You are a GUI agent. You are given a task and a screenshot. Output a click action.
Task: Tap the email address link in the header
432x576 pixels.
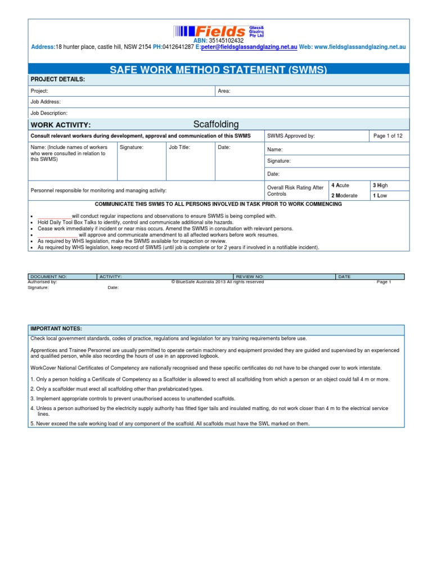tap(249, 47)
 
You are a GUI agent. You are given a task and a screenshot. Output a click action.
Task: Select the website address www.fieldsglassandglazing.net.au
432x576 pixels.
tap(360, 47)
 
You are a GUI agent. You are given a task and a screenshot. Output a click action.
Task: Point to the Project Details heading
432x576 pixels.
tap(58, 80)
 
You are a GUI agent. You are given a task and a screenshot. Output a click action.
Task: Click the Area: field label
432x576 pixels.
tap(224, 91)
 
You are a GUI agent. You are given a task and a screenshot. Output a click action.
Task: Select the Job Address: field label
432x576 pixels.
tap(46, 102)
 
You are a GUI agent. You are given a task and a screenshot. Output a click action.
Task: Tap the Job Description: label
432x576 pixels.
tap(49, 113)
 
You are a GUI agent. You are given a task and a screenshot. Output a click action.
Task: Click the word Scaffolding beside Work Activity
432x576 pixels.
tap(216, 124)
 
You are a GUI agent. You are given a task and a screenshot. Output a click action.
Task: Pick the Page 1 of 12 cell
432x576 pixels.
tap(388, 136)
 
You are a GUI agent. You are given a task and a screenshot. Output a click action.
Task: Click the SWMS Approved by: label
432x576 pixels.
tap(291, 136)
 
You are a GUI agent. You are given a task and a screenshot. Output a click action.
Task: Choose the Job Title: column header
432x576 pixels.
tap(179, 147)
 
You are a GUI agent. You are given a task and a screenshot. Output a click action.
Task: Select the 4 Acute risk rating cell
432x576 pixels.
tap(341, 185)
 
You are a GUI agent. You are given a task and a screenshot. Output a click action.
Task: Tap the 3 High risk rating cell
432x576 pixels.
tap(381, 185)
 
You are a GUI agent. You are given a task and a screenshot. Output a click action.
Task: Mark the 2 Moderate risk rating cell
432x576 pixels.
tap(344, 195)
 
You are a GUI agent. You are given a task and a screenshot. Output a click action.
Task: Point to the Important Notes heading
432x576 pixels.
tap(56, 328)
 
